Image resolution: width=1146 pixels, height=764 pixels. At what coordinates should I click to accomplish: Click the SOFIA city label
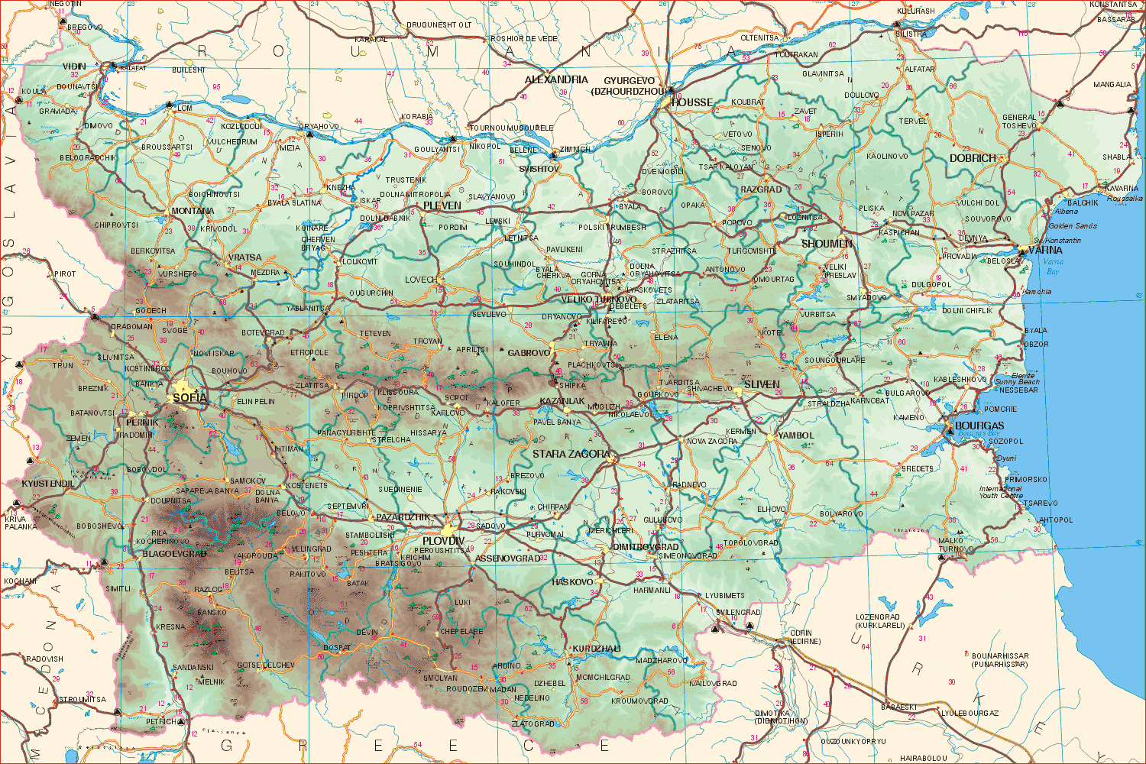pos(189,398)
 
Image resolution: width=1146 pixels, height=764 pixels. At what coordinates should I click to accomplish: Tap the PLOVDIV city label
pos(444,541)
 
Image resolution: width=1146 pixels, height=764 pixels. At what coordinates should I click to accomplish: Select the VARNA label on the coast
pos(1045,250)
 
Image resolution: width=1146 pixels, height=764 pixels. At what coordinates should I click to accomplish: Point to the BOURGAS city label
pos(979,426)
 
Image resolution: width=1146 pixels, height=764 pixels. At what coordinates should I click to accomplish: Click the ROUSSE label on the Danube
pos(692,102)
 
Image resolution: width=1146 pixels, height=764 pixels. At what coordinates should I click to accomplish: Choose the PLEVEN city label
pos(442,206)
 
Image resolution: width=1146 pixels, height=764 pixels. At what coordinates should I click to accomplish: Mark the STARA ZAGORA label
pos(571,454)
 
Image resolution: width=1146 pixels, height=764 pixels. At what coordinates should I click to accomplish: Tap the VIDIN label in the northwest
pos(75,66)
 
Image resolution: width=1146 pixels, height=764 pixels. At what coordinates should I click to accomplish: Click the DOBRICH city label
pos(973,158)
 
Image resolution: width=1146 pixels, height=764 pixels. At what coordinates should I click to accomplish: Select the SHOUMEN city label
pos(827,244)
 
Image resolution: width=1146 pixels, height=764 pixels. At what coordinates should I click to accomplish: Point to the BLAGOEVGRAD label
pos(174,554)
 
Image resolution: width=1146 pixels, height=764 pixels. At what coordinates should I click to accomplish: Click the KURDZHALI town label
pos(597,649)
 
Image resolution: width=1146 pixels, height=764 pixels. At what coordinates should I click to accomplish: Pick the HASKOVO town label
pos(572,582)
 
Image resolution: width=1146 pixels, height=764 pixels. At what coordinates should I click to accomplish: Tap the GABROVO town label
pos(529,353)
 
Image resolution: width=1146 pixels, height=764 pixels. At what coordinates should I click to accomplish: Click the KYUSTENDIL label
pos(48,484)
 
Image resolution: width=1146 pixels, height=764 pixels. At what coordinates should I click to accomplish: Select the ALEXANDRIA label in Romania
pos(556,79)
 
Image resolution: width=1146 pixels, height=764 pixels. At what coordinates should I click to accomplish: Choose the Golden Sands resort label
pos(1073,226)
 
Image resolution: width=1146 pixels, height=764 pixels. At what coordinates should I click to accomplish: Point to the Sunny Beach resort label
pos(1016,381)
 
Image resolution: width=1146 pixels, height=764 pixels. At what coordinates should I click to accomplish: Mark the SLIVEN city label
pos(762,384)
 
